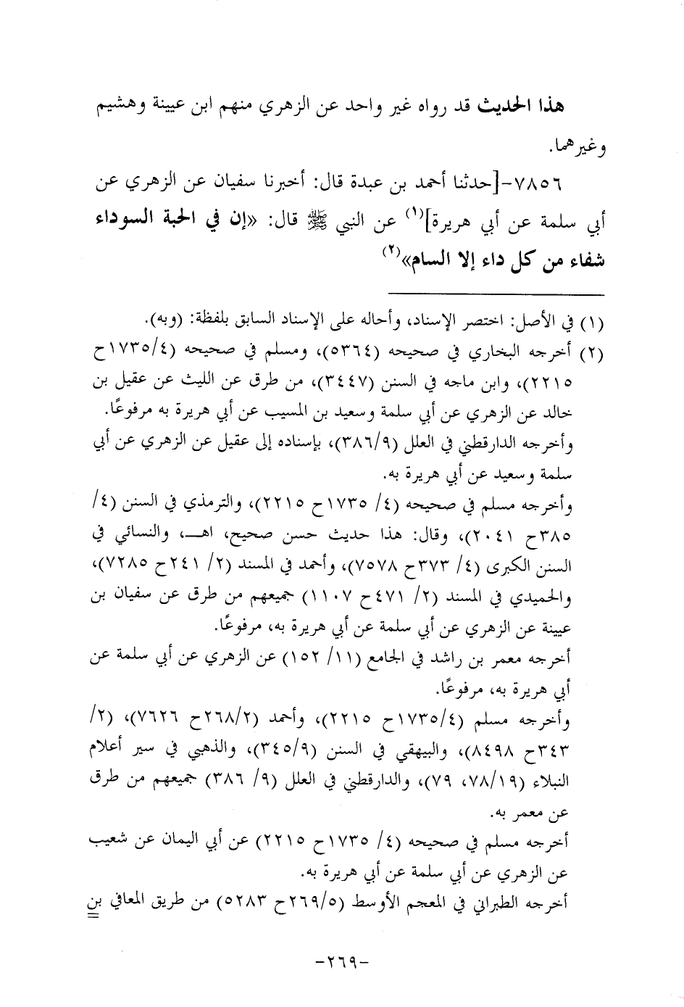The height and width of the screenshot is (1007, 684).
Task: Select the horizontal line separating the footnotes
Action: [x=496, y=294]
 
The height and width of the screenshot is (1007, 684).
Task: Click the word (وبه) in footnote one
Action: [x=160, y=319]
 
